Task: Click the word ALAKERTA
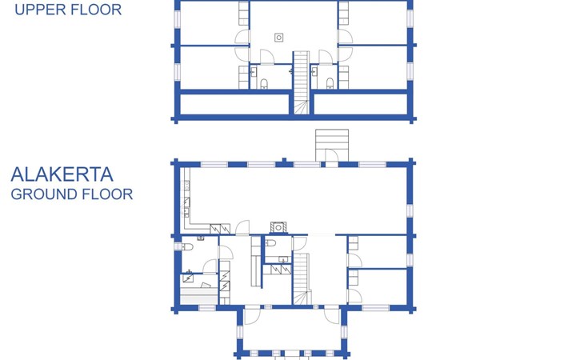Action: point(62,174)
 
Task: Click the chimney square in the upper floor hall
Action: point(278,38)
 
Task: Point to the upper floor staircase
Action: point(301,82)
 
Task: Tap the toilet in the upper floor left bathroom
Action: point(264,83)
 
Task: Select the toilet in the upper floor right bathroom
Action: point(330,83)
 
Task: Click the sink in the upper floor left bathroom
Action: point(254,72)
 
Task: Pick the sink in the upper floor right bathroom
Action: point(314,72)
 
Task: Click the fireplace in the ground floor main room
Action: point(278,227)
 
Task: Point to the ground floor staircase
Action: point(302,279)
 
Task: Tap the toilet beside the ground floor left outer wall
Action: point(186,246)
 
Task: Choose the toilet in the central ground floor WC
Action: point(270,243)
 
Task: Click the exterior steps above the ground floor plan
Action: point(332,145)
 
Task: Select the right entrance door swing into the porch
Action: point(331,316)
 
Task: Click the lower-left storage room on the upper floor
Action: point(234,104)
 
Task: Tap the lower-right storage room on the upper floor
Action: point(361,104)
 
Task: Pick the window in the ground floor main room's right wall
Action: point(410,210)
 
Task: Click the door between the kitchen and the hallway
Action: point(242,227)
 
